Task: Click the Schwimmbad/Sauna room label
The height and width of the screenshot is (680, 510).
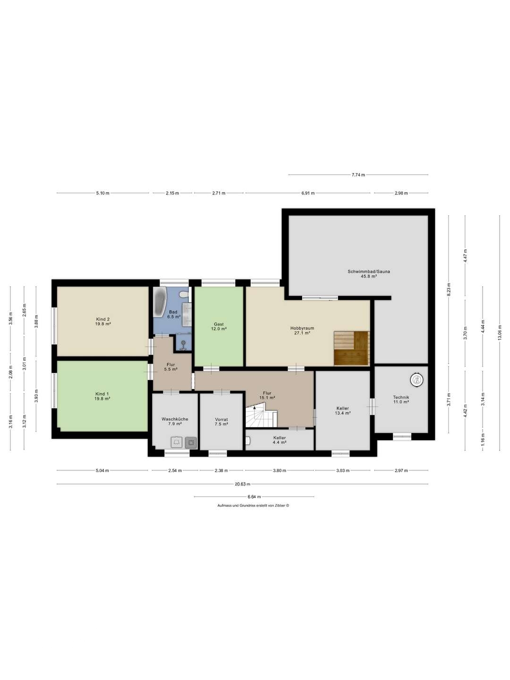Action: (368, 274)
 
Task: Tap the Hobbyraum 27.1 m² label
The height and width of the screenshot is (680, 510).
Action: (302, 331)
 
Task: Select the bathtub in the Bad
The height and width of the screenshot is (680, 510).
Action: (160, 302)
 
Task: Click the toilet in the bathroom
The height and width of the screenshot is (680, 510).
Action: (185, 294)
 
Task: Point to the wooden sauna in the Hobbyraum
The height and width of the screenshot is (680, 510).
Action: (351, 348)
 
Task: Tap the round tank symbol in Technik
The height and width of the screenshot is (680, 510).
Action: (416, 379)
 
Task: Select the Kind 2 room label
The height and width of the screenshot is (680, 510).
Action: (102, 322)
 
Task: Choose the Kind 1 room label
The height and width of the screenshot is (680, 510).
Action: (102, 396)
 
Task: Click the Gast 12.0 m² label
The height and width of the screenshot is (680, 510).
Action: (219, 326)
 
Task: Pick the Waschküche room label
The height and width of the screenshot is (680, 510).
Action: (175, 421)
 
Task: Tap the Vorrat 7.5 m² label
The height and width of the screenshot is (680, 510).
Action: (221, 422)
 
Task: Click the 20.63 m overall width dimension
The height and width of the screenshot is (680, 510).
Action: (243, 484)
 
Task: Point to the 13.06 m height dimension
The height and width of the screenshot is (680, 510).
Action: (500, 326)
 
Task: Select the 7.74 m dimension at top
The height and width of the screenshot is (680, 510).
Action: (358, 175)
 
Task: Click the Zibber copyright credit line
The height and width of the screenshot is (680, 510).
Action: (253, 505)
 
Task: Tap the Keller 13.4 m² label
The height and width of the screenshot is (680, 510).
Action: (342, 411)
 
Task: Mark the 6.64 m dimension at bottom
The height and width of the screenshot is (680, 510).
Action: (254, 497)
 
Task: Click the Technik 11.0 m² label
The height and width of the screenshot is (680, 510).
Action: (401, 399)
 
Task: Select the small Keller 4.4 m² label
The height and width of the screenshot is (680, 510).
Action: (280, 440)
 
